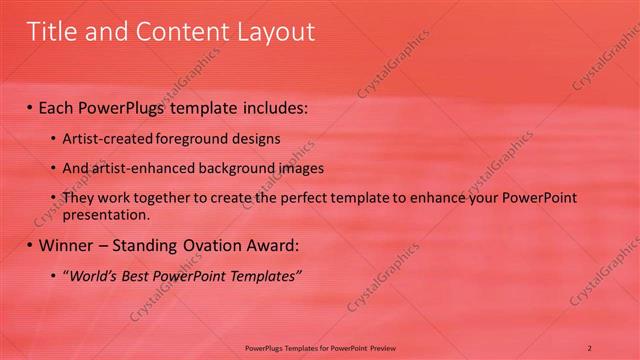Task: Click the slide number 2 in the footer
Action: pyautogui.click(x=590, y=347)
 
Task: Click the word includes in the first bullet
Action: pyautogui.click(x=270, y=107)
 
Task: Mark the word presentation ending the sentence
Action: pyautogui.click(x=107, y=214)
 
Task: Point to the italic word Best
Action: pyautogui.click(x=138, y=274)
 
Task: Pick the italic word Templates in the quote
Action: pyautogui.click(x=262, y=274)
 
